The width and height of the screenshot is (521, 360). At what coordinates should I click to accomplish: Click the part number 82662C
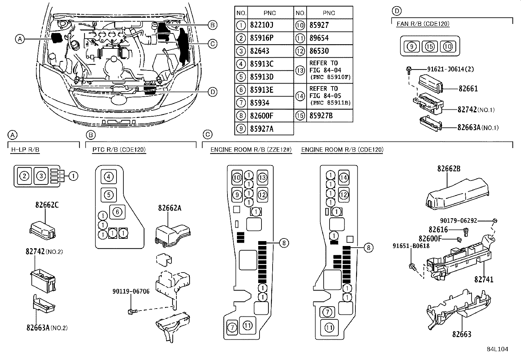pos(47,205)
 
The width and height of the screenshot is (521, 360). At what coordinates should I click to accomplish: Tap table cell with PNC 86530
pos(319,51)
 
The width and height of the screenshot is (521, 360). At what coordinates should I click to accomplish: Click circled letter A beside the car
pos(20,39)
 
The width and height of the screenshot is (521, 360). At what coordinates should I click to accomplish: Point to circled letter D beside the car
pos(213,92)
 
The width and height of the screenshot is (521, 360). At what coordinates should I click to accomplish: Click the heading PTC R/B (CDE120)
pos(119,150)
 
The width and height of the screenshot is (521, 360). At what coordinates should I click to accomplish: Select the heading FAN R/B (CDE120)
pos(423,24)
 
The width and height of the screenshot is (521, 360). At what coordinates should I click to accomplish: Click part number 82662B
pos(449,169)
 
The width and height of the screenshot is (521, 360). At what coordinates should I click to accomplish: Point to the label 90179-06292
pos(458,221)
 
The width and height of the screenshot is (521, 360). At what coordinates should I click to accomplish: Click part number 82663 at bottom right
pos(462,334)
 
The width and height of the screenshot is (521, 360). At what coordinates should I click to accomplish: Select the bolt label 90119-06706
pos(131,291)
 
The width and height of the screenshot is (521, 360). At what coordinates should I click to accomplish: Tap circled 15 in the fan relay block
pos(430,47)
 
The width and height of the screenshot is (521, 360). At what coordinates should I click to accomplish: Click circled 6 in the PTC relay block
pos(117,212)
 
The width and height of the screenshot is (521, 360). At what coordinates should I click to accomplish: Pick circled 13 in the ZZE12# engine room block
pos(262,177)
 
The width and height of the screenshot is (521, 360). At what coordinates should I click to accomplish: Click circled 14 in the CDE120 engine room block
pos(344,177)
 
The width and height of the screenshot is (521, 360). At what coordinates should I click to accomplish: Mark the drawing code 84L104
pos(497,349)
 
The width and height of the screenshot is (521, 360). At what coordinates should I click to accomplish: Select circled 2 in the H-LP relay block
pos(25,176)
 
